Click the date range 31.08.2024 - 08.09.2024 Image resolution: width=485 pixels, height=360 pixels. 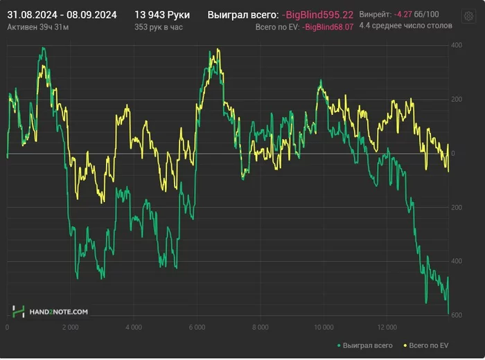[x=62, y=14]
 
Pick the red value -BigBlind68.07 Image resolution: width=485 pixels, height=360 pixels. [x=328, y=26]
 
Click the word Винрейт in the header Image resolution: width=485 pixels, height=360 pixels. [x=375, y=14]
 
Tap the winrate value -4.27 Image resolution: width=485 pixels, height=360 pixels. [x=403, y=14]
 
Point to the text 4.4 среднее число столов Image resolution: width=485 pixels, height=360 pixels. [x=406, y=25]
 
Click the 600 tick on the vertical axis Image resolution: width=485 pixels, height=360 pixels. [x=457, y=316]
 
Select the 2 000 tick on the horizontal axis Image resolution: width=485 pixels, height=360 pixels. [x=71, y=327]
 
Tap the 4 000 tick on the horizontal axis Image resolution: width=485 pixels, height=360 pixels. [x=134, y=327]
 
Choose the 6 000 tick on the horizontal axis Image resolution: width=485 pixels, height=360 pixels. [x=197, y=327]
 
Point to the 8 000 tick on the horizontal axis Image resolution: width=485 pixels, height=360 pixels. [x=261, y=327]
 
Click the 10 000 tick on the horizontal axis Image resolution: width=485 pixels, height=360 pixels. [x=323, y=327]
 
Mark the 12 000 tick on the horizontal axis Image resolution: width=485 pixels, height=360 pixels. [x=387, y=327]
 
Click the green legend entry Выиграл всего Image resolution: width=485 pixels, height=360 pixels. [x=364, y=344]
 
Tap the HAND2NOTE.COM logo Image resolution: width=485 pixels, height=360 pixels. [x=51, y=312]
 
